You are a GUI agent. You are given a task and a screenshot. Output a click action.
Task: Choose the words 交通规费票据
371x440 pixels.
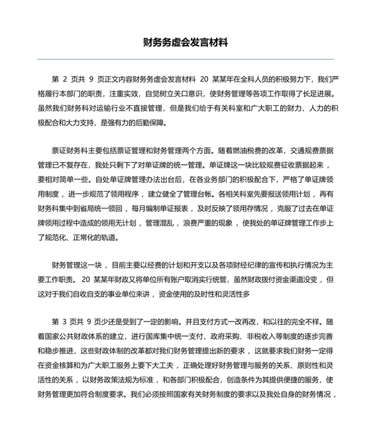click(310, 154)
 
